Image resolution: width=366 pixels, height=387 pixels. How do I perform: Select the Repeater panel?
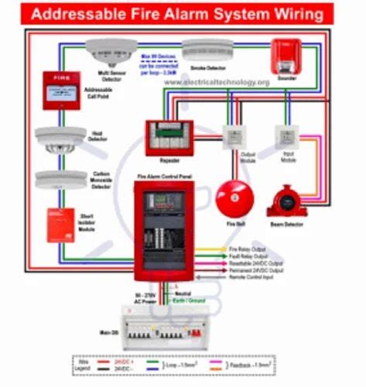click(169, 138)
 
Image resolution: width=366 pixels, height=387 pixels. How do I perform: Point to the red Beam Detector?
click(286, 200)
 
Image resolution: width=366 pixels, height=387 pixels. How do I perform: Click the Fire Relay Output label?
click(248, 248)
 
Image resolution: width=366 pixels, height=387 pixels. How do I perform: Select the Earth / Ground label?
click(201, 300)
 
